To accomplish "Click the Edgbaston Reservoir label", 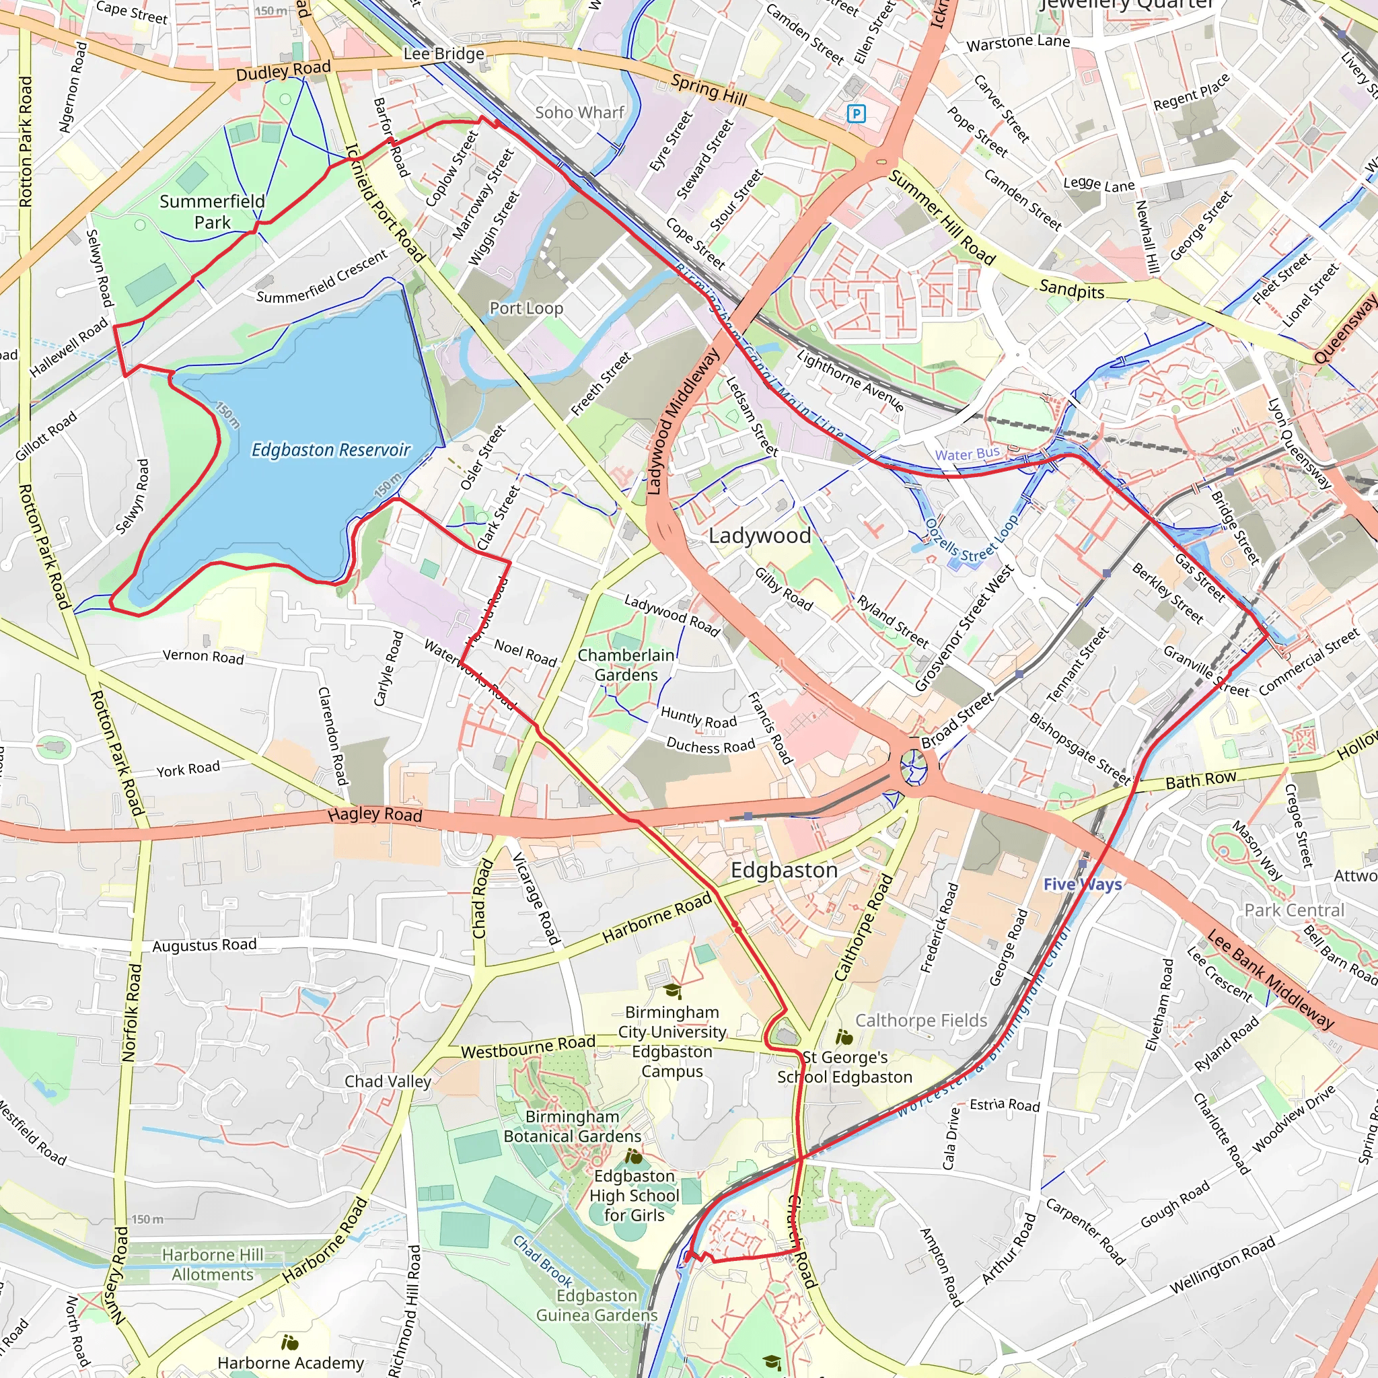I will (x=331, y=450).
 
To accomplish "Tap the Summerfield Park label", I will (x=212, y=212).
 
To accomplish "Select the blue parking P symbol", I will (x=856, y=114).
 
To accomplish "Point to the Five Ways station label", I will (x=1082, y=884).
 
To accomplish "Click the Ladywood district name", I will (x=760, y=536).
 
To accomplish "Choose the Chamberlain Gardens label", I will (x=626, y=665).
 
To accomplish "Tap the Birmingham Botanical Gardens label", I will (x=572, y=1126).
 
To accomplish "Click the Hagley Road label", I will (x=375, y=814).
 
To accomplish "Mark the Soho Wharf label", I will (x=579, y=112).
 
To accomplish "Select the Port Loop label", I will (x=526, y=308).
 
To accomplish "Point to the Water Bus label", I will (x=967, y=454).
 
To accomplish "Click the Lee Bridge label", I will (x=443, y=54).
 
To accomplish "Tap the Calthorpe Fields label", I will (x=921, y=1021).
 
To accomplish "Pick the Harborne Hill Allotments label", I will (x=213, y=1264).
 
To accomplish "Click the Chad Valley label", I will (x=388, y=1081).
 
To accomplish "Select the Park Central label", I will (x=1294, y=910).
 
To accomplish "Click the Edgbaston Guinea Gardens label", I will (x=596, y=1305).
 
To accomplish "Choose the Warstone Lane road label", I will (x=1018, y=43).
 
